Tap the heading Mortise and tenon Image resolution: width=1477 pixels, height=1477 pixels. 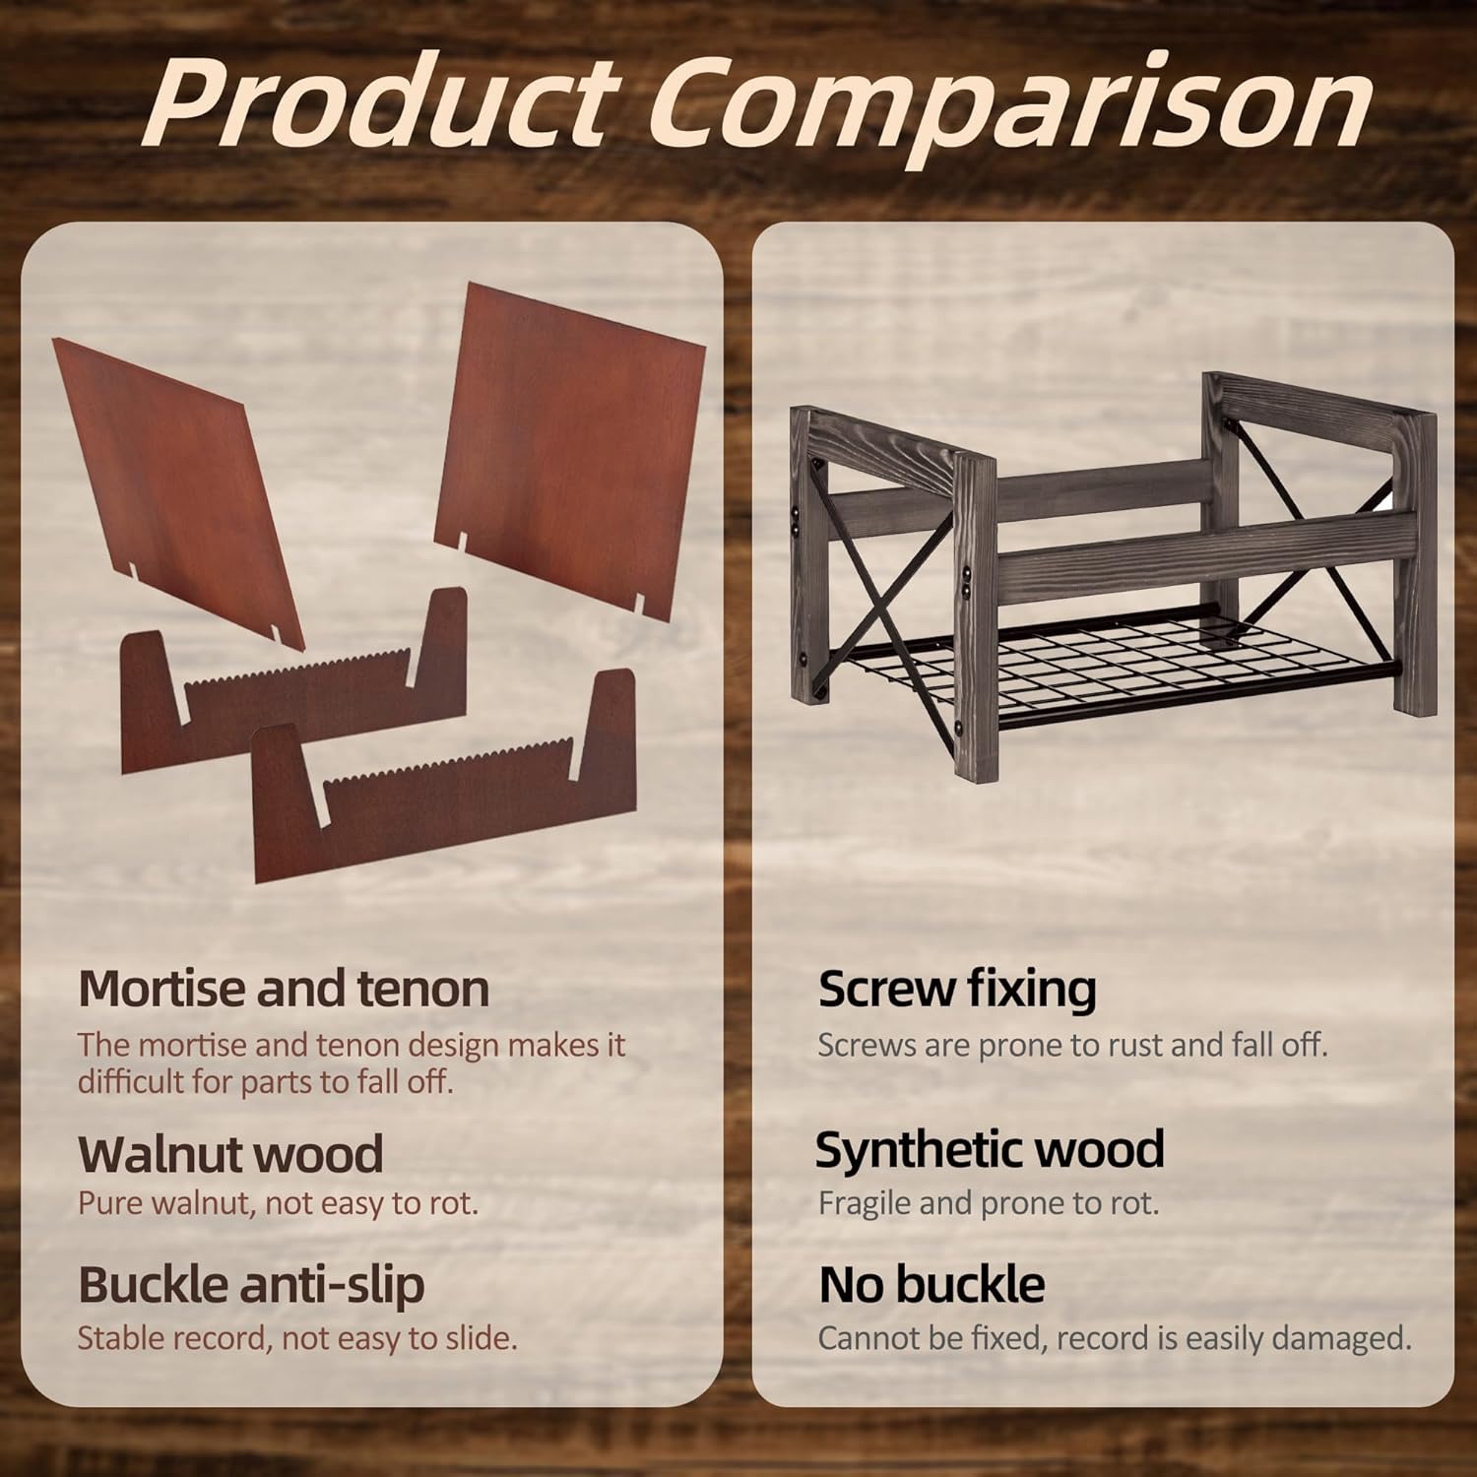[284, 988]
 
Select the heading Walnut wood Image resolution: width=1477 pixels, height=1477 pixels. [230, 1153]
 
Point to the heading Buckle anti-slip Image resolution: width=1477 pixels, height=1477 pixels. [251, 1285]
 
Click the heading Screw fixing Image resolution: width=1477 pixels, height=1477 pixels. [957, 989]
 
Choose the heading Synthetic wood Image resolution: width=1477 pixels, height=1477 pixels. [990, 1149]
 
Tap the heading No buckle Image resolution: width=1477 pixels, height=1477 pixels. [931, 1284]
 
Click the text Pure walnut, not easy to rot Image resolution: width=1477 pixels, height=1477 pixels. [278, 1204]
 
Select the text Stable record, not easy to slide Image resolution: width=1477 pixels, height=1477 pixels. [297, 1338]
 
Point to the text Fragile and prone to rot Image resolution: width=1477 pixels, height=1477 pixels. [989, 1203]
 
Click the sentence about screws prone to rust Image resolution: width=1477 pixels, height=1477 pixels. [1072, 1045]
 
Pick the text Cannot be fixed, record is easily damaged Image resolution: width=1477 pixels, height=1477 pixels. [1115, 1338]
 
